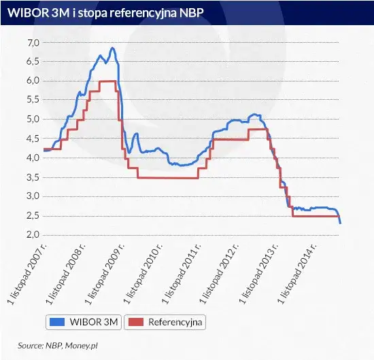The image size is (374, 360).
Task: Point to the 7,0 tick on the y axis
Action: pyautogui.click(x=32, y=43)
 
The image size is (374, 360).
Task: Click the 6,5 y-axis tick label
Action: pyautogui.click(x=32, y=62)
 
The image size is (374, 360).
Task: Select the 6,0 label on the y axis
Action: pyautogui.click(x=32, y=81)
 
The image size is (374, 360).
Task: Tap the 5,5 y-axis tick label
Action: pyautogui.click(x=32, y=100)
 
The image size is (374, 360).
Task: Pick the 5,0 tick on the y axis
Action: pyautogui.click(x=32, y=120)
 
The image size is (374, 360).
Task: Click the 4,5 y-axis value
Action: pyautogui.click(x=32, y=139)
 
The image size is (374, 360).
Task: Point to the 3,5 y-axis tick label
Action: pyautogui.click(x=32, y=177)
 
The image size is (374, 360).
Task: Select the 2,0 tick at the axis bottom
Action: pyautogui.click(x=32, y=234)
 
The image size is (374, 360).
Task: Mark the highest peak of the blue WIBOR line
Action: pyautogui.click(x=112, y=48)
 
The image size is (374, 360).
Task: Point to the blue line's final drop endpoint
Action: pyautogui.click(x=340, y=223)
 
